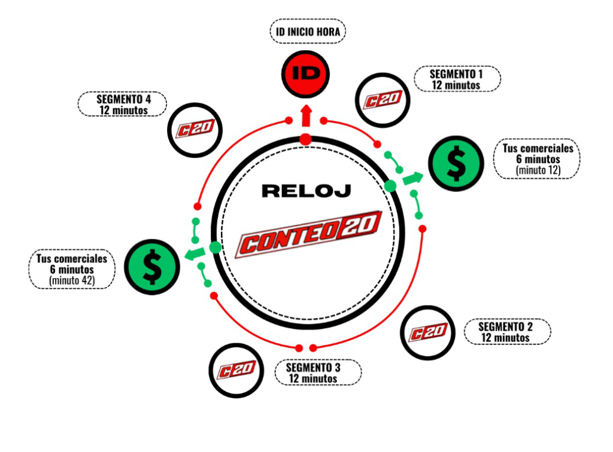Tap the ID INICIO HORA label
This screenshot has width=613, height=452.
[x=307, y=32]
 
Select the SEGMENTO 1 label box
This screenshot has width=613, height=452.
[x=456, y=79]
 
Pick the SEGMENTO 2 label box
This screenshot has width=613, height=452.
[x=506, y=331]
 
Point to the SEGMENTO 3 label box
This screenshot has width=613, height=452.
[x=317, y=372]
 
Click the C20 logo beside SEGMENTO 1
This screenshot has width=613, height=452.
[x=381, y=100]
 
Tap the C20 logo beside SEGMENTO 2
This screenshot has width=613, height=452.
[x=428, y=332]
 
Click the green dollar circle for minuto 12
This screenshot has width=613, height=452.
[x=456, y=164]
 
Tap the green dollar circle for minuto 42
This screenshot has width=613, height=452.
[x=152, y=267]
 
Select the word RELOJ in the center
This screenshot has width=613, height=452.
[x=306, y=191]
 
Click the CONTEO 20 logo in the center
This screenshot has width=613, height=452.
[x=309, y=234]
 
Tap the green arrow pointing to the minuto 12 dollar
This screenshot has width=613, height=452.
[x=412, y=178]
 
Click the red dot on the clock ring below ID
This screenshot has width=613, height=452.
[x=306, y=140]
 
